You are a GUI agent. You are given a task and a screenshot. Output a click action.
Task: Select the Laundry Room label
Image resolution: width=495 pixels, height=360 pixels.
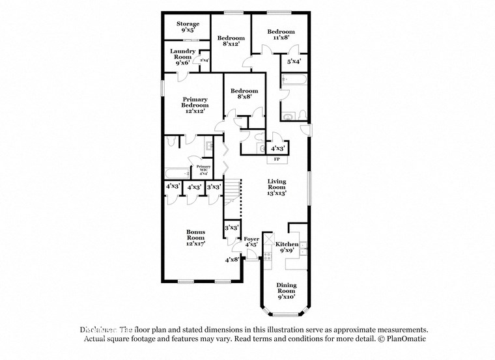pos(182,54)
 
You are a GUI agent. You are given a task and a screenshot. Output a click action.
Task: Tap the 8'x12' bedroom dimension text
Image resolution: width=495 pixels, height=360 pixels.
pos(230,44)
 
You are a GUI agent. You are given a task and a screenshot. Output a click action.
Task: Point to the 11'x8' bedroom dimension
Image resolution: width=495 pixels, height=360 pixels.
pos(281,38)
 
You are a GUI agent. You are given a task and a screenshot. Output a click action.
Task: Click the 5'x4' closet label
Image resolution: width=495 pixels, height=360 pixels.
pos(294,62)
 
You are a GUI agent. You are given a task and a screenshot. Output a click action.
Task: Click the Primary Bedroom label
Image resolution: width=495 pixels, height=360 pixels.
pos(195,102)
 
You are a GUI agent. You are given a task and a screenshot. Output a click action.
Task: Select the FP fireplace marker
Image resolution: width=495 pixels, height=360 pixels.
pos(276,159)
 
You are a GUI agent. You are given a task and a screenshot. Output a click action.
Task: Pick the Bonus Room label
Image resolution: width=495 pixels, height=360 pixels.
pos(195,235)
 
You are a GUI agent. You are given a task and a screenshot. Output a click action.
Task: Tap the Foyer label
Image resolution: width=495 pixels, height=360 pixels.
pos(251,240)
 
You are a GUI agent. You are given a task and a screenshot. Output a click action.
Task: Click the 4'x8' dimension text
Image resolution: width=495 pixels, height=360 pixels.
pos(231,260)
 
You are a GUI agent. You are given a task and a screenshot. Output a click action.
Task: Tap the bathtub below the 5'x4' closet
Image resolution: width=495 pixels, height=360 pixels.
pos(294,81)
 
